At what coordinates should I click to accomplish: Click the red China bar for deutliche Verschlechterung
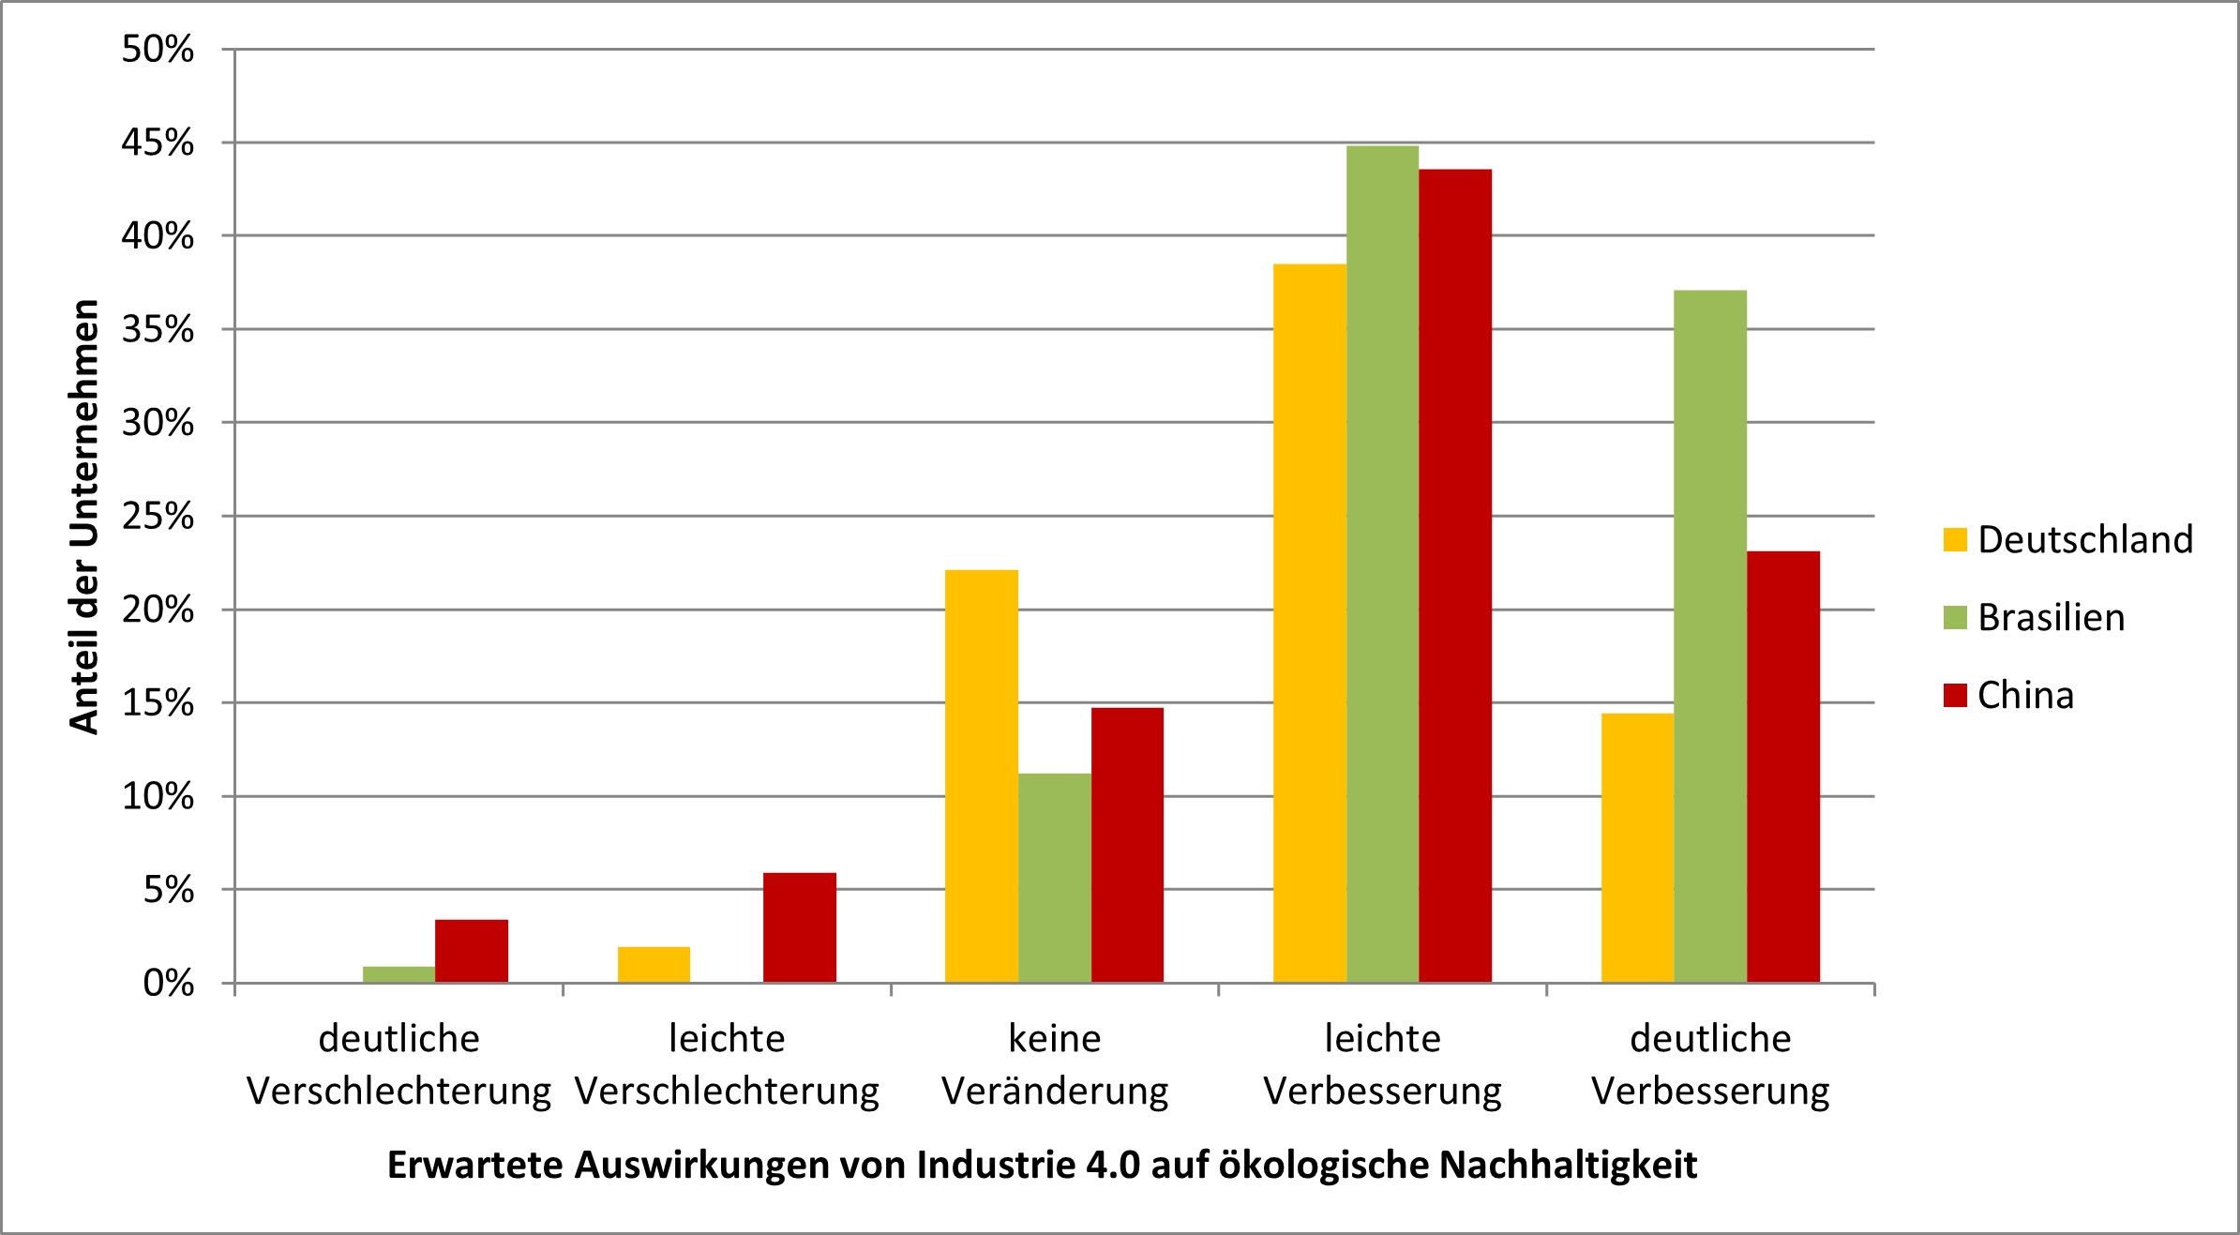pyautogui.click(x=471, y=951)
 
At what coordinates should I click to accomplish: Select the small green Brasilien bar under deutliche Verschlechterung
pyautogui.click(x=398, y=974)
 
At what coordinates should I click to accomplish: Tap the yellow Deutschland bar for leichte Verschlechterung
pyautogui.click(x=654, y=965)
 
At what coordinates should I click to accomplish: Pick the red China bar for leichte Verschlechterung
pyautogui.click(x=799, y=927)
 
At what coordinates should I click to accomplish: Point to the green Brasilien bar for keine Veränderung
pyautogui.click(x=1054, y=878)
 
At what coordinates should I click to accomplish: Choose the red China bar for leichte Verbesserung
pyautogui.click(x=1454, y=576)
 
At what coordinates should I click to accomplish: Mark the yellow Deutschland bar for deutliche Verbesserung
pyautogui.click(x=1637, y=848)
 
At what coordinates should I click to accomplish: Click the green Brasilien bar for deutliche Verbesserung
pyautogui.click(x=1709, y=637)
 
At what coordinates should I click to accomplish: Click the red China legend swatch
pyautogui.click(x=1955, y=695)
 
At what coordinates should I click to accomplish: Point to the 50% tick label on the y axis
pyautogui.click(x=158, y=49)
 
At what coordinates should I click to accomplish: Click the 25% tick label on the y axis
pyautogui.click(x=158, y=516)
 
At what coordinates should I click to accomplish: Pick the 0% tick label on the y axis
pyautogui.click(x=169, y=984)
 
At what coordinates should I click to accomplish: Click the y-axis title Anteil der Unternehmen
pyautogui.click(x=84, y=516)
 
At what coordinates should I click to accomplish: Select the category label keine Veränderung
pyautogui.click(x=1054, y=1065)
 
